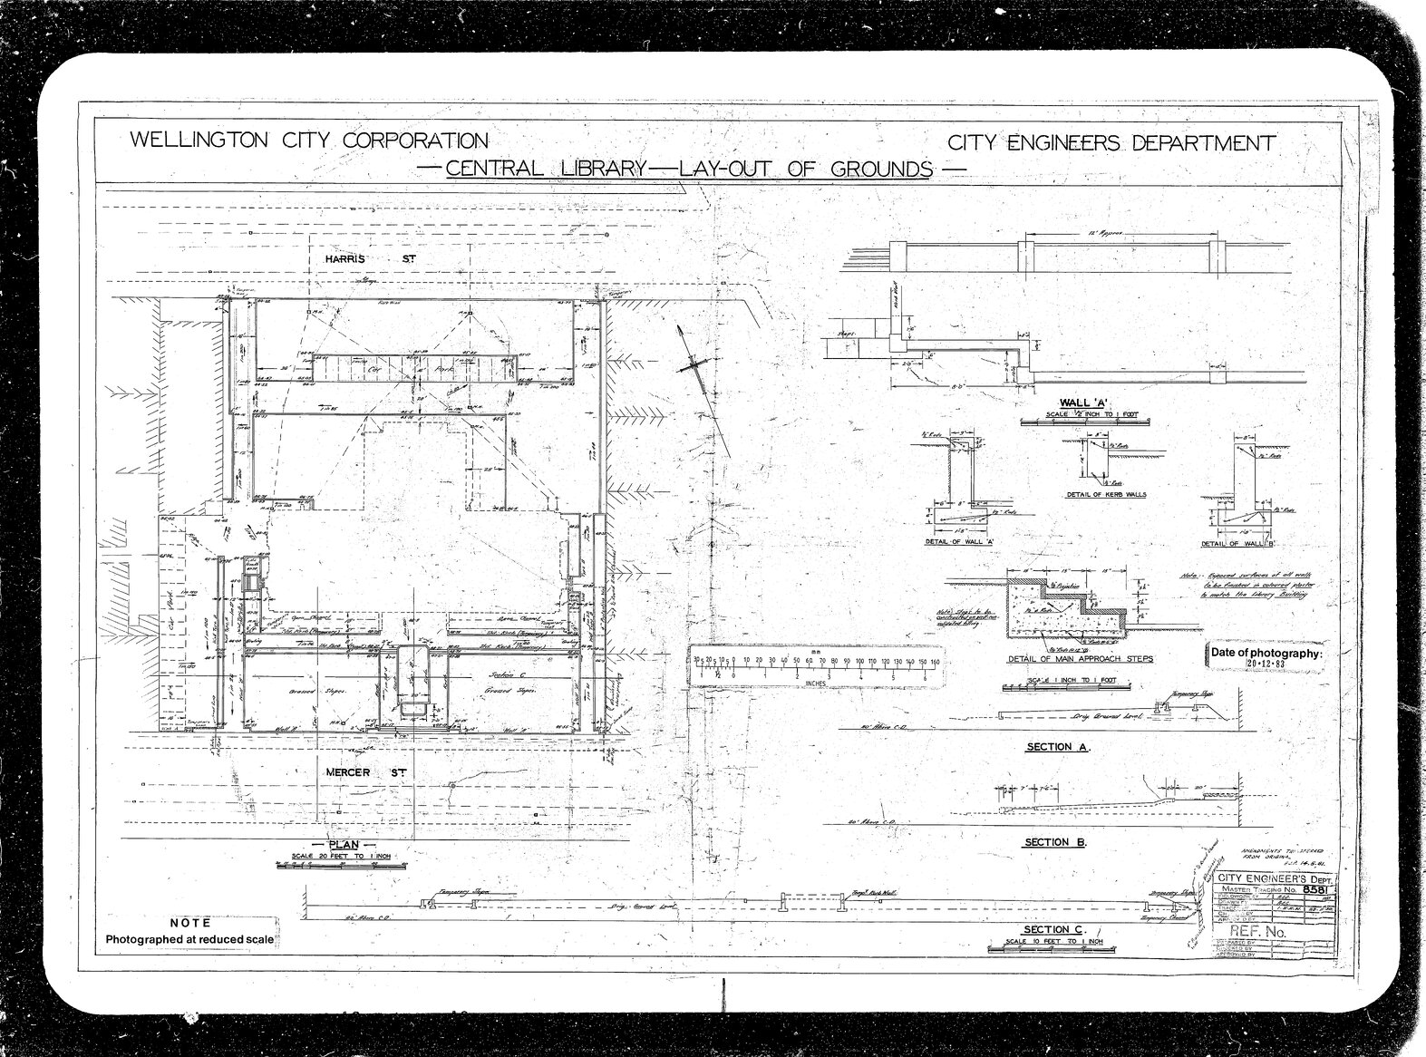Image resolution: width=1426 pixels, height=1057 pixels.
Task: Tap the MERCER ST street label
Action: coord(363,772)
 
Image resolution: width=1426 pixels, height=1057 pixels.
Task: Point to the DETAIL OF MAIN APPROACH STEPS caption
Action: coord(1081,659)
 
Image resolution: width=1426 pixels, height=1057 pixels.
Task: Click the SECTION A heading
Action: coord(1057,748)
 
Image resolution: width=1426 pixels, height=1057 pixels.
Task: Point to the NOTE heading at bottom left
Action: coord(190,922)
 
